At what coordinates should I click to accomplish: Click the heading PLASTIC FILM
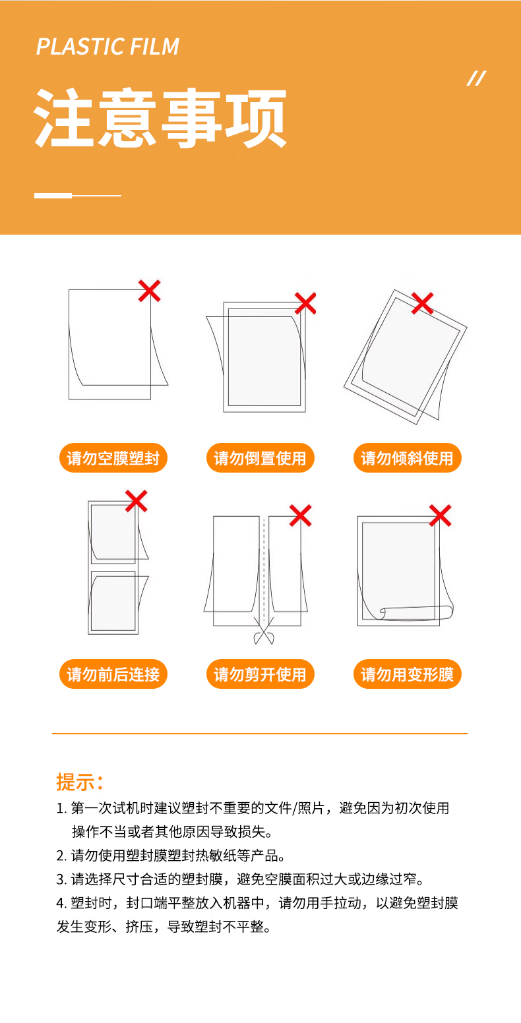click(108, 47)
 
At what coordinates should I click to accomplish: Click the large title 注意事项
click(160, 118)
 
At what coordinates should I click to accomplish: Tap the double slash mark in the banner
click(476, 78)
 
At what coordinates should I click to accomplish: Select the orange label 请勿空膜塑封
click(113, 457)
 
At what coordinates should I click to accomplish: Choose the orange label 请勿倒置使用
click(260, 457)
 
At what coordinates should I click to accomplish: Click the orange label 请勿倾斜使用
click(407, 457)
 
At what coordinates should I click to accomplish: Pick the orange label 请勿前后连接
click(113, 674)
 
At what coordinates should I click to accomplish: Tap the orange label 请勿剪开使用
click(260, 674)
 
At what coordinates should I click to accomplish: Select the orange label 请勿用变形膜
click(407, 674)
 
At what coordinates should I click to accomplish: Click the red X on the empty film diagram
click(150, 291)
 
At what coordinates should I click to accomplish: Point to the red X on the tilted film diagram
click(422, 303)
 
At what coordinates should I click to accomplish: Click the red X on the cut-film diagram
click(300, 515)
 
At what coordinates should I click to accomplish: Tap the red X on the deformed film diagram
click(440, 515)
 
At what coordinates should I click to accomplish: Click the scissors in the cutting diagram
click(264, 631)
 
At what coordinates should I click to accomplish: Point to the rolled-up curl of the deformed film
click(416, 612)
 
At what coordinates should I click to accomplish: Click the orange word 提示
click(76, 781)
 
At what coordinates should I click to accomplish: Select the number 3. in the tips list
click(62, 879)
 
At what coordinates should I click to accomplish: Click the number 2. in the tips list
click(62, 856)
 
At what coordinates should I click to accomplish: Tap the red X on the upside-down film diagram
click(305, 303)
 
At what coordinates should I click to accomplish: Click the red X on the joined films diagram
click(137, 501)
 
